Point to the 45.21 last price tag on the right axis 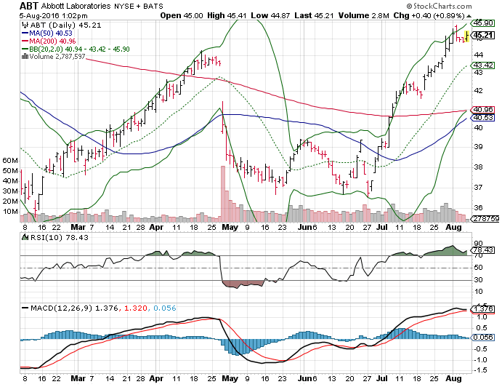click(x=482, y=34)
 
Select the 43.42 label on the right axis click(x=483, y=65)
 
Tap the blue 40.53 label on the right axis click(x=483, y=117)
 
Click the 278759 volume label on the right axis click(x=485, y=218)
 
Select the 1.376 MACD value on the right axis click(x=483, y=309)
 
